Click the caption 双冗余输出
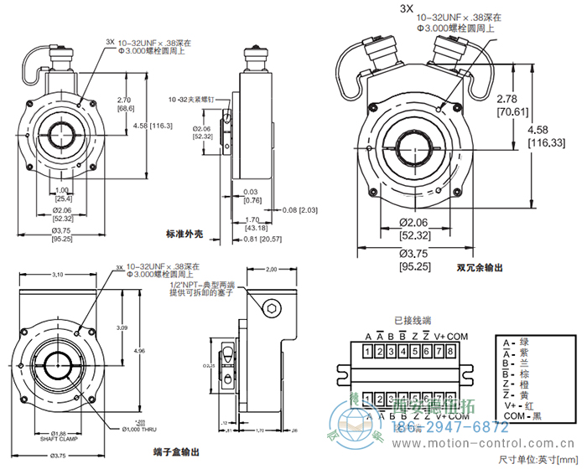(x=480, y=268)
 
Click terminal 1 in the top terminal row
(x=368, y=353)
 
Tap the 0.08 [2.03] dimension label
(x=299, y=209)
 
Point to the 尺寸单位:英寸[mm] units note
(x=539, y=460)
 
